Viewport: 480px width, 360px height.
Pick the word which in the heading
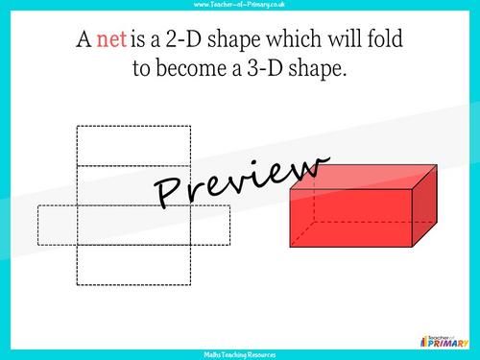click(x=299, y=42)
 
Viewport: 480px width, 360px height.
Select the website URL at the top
click(x=239, y=6)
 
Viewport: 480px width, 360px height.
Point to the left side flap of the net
click(x=57, y=225)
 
